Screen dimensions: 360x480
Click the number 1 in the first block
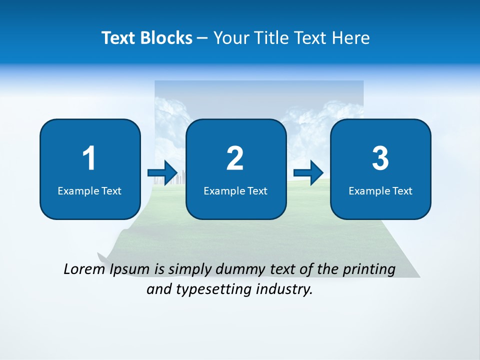point(89,158)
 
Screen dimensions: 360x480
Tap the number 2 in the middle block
point(235,158)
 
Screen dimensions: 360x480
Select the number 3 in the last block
point(380,158)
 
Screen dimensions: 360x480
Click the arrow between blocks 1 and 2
point(162,173)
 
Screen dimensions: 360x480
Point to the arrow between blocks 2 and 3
point(308,173)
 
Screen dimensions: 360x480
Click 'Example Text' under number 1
point(89,190)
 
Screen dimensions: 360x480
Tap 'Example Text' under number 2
point(235,190)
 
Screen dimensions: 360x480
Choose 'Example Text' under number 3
point(380,190)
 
